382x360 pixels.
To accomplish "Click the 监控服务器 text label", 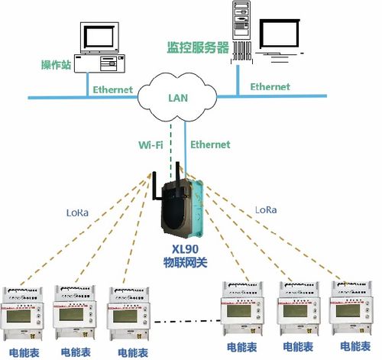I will (x=198, y=47).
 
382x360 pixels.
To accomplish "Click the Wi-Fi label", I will (x=150, y=144).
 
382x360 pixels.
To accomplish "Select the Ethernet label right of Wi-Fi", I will (x=209, y=144).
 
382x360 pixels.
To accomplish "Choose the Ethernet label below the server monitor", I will (x=270, y=86).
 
